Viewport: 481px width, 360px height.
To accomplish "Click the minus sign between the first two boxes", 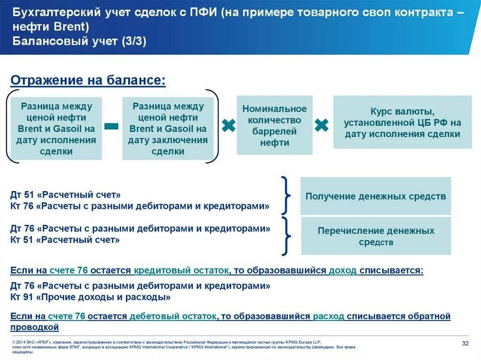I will (111, 125).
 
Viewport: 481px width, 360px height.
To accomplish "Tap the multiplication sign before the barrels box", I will (228, 125).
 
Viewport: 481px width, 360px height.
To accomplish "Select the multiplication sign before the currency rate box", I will (322, 125).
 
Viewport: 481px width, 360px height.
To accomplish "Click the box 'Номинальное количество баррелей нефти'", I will (274, 125).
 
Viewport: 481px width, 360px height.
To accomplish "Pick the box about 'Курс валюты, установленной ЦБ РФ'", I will (403, 123).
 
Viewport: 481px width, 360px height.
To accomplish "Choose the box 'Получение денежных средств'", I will (375, 196).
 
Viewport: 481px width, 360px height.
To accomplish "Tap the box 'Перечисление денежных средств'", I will (375, 236).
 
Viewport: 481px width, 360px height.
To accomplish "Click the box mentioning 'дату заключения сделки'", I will (168, 128).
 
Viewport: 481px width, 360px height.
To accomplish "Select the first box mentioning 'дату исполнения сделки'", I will (56, 128).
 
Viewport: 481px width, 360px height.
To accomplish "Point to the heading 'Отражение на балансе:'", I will (88, 80).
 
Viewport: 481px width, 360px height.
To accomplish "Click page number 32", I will (465, 343).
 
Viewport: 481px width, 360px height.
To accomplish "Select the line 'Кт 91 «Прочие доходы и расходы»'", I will (90, 297).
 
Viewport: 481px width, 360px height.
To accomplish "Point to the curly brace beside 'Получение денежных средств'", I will (285, 195).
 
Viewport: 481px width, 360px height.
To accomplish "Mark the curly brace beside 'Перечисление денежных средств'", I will (285, 235).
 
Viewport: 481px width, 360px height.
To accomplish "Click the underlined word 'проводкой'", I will (34, 327).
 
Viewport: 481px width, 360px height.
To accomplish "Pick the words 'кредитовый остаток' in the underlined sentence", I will (182, 270).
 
